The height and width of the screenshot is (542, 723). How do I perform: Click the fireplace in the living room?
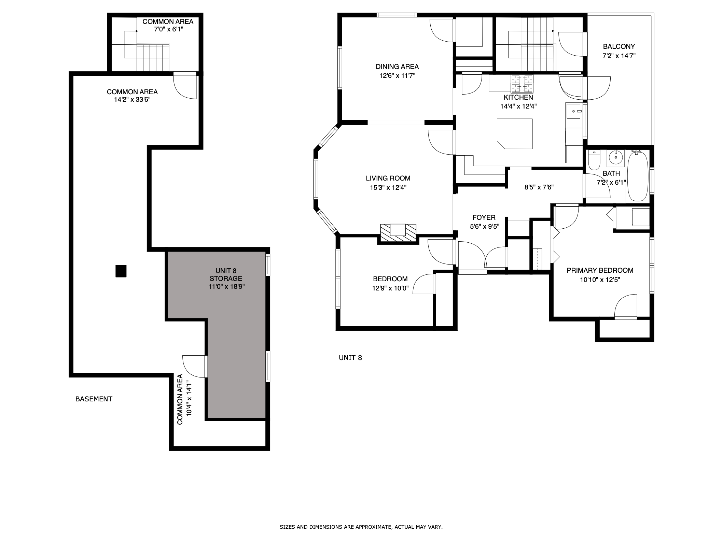click(x=398, y=234)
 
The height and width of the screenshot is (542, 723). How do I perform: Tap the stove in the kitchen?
click(x=522, y=84)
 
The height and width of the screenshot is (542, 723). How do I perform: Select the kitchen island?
click(x=515, y=133)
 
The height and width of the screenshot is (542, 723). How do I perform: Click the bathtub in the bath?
click(x=638, y=176)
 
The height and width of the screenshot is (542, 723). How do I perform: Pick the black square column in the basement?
click(x=121, y=271)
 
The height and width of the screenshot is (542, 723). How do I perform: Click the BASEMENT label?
click(x=94, y=399)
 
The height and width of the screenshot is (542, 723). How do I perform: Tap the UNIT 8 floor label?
click(x=350, y=358)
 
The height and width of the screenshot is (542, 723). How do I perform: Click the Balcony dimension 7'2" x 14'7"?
click(x=619, y=56)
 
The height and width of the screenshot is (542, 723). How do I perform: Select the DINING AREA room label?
click(x=397, y=67)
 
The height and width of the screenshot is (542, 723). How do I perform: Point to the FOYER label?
click(x=484, y=217)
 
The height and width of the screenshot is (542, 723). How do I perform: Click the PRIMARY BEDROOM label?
click(x=600, y=270)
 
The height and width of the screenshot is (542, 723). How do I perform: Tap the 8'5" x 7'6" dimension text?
click(x=539, y=187)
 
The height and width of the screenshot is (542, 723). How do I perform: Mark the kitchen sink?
click(x=574, y=111)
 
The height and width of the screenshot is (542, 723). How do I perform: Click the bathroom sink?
click(x=616, y=158)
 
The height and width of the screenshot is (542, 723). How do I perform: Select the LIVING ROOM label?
click(x=388, y=178)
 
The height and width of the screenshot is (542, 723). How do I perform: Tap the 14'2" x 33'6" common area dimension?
click(x=132, y=100)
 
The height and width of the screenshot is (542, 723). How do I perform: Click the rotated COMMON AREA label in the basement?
click(x=180, y=399)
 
